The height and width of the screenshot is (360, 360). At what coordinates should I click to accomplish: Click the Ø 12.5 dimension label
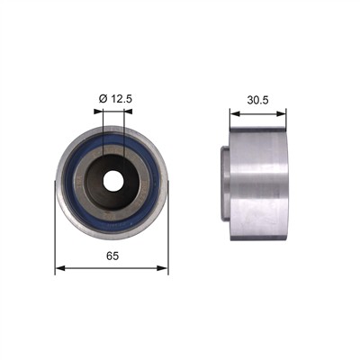click(x=115, y=99)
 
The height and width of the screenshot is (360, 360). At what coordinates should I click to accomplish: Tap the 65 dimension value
click(x=112, y=256)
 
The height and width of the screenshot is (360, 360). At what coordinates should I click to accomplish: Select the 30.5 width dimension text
click(x=257, y=100)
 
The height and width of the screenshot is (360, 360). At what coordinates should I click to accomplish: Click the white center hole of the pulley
click(x=113, y=181)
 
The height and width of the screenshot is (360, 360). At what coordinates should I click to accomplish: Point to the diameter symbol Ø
click(x=103, y=99)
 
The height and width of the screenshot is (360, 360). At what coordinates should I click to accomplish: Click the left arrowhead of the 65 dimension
click(x=60, y=268)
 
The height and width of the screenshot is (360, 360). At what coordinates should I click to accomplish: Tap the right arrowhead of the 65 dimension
click(x=163, y=268)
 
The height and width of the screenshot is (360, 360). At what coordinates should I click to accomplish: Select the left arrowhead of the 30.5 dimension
click(x=235, y=113)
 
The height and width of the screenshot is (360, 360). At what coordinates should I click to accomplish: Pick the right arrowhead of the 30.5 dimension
click(x=281, y=113)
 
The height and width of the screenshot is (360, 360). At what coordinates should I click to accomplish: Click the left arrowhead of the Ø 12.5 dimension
click(x=98, y=112)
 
